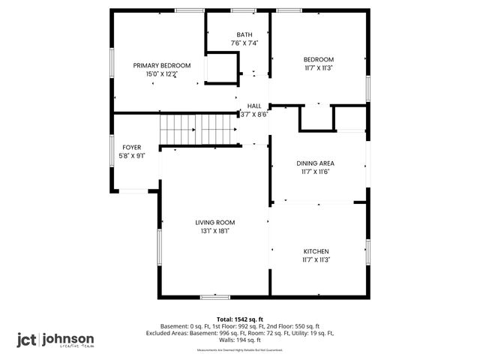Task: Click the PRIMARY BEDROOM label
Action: [162, 65]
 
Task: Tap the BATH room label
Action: [244, 34]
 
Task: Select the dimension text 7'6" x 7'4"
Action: [244, 43]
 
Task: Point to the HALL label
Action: [254, 106]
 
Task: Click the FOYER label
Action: [131, 147]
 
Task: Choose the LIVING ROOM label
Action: [215, 222]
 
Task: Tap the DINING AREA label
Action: [316, 163]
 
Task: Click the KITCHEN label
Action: [316, 250]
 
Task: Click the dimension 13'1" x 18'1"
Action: [215, 231]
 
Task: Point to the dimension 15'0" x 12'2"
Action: [162, 74]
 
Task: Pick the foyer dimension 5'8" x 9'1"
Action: [131, 156]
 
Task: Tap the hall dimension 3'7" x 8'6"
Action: [254, 115]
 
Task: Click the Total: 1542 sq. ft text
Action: [240, 319]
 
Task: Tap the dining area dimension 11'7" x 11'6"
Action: [316, 172]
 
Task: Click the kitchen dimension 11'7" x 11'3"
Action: [316, 259]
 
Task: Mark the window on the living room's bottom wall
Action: [214, 297]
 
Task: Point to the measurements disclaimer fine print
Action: [240, 350]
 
